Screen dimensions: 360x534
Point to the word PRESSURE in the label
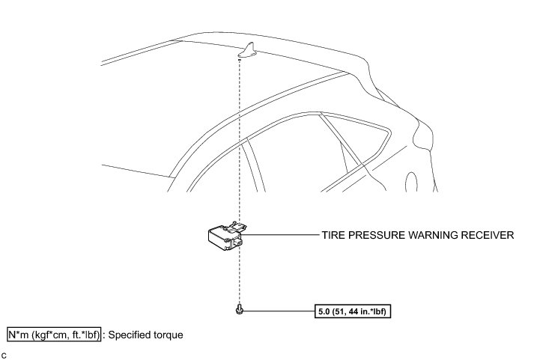coord(382,235)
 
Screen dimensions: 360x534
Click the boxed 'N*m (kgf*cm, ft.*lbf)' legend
coord(54,335)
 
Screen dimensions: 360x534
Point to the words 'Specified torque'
coord(146,335)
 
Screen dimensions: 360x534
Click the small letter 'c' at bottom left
coord(4,353)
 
